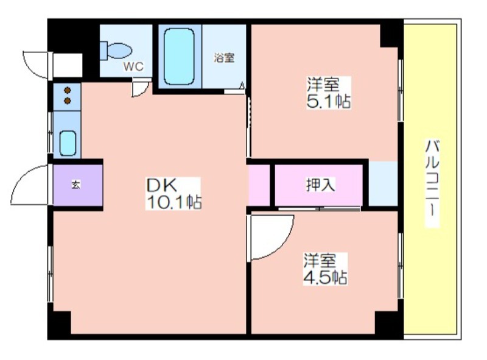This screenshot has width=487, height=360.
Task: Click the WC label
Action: click(133, 66)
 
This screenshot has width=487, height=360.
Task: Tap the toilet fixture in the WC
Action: click(116, 51)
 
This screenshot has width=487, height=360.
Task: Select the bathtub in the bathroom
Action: click(179, 57)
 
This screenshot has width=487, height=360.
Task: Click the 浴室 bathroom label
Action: click(224, 58)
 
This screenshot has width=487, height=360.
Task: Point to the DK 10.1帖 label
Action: click(173, 193)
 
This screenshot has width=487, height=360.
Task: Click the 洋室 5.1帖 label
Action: click(329, 93)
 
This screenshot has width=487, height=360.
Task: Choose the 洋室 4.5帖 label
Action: click(325, 269)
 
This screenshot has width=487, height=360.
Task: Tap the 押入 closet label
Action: click(320, 185)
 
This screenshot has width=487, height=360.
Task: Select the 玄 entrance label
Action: click(75, 185)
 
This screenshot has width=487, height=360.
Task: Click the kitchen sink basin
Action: click(68, 143)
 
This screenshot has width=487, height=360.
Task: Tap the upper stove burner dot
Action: click(68, 91)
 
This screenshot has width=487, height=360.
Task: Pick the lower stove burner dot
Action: click(68, 101)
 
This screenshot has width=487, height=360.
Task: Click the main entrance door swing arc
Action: click(22, 174)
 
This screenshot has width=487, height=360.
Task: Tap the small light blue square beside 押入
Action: click(383, 183)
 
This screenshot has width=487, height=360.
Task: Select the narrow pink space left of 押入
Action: click(259, 185)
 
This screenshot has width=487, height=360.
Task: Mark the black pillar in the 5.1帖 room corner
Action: click(390, 35)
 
